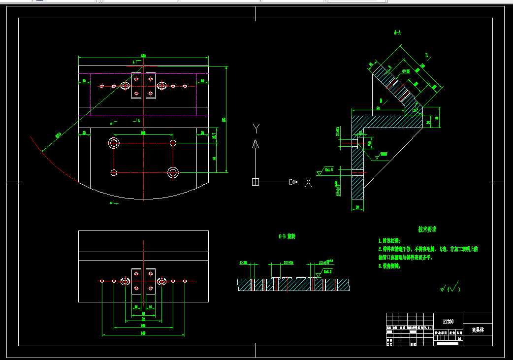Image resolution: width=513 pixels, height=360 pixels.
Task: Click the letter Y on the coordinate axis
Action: point(256,129)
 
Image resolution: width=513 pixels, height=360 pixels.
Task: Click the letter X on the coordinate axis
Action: point(308,182)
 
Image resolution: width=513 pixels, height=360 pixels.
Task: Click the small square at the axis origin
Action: point(255,182)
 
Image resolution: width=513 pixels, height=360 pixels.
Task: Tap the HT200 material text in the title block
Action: point(448,321)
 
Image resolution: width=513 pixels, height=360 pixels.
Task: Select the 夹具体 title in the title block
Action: point(478,329)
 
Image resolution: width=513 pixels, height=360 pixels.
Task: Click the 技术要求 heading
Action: point(427,229)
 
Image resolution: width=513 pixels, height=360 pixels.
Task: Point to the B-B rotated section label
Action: point(287,236)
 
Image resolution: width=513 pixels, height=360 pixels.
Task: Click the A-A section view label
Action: point(397,33)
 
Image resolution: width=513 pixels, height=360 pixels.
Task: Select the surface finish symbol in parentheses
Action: point(449,287)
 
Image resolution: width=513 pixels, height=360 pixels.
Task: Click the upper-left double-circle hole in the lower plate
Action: point(114,143)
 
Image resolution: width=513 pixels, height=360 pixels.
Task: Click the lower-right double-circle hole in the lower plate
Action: point(173,172)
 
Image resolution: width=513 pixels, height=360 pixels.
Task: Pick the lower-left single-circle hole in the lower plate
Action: point(114,172)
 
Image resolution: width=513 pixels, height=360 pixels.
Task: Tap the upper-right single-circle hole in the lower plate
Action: point(173,143)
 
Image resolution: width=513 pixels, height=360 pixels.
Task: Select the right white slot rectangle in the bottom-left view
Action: point(151,281)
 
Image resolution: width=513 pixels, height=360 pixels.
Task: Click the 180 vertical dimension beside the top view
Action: point(224,120)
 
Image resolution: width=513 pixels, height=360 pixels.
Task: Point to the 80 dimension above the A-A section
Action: point(378,108)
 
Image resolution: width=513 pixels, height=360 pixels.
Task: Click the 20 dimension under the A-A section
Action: point(357,208)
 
